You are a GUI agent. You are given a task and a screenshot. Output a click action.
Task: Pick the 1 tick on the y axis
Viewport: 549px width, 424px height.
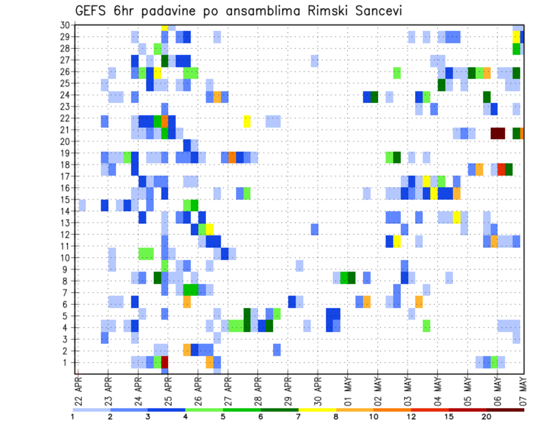coord(67,362)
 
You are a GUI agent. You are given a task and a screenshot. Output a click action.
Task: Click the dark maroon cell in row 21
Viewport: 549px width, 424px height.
coord(498,133)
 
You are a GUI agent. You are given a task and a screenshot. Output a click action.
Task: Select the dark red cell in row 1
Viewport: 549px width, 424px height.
coord(165,362)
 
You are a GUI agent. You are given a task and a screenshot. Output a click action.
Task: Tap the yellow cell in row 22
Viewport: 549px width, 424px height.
coord(247,121)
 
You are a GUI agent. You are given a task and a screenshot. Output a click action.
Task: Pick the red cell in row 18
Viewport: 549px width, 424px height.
coord(502,170)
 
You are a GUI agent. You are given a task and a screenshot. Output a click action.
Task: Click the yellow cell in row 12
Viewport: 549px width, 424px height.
coord(209,229)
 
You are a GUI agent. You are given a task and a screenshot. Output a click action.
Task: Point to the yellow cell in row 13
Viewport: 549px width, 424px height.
coord(457,217)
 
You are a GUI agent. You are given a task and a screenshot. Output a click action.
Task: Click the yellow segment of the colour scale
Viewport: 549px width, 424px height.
coord(317,410)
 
